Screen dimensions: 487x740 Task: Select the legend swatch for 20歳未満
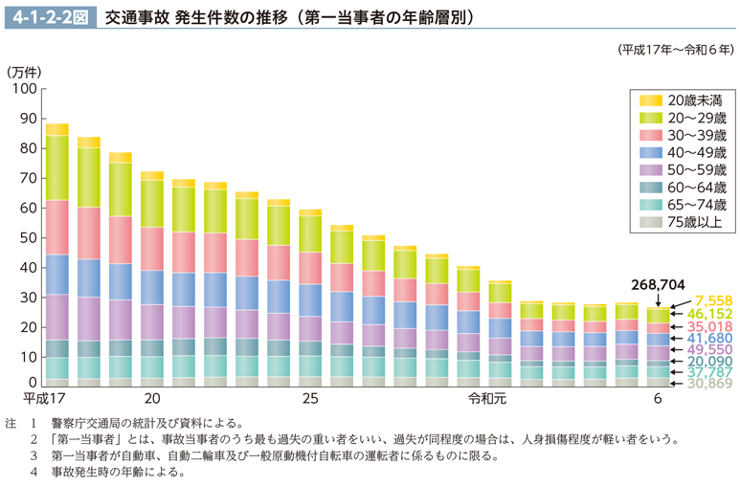click(651, 100)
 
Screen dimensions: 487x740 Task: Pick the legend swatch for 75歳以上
click(651, 222)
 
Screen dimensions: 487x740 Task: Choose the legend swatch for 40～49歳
click(651, 152)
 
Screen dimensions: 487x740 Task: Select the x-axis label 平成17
click(44, 398)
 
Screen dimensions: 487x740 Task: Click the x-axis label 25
click(309, 398)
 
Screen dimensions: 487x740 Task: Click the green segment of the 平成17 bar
click(56, 167)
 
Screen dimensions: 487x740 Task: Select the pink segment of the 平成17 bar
click(56, 227)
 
